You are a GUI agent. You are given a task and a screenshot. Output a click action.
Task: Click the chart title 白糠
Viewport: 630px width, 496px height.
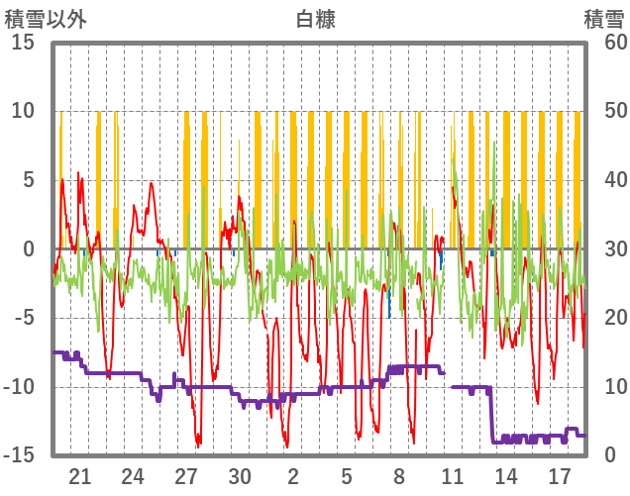point(315,19)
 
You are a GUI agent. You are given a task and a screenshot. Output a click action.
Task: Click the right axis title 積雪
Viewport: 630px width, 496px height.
point(602,19)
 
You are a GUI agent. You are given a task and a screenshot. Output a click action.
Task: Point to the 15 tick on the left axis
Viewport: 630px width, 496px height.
point(24,43)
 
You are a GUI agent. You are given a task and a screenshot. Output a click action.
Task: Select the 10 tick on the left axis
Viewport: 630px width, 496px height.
point(24,111)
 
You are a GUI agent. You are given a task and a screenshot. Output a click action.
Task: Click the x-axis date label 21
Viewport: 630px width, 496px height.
point(80,474)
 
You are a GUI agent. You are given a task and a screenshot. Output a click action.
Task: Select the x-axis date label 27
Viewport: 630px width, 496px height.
point(186,474)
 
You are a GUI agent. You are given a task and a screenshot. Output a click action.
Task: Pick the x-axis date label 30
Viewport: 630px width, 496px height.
point(240,474)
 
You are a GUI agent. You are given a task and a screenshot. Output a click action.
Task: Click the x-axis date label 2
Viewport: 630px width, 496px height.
point(293,474)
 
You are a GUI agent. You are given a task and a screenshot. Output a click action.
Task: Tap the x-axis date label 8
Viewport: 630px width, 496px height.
point(399,474)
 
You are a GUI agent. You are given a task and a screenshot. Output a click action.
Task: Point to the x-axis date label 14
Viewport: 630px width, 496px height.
point(506,474)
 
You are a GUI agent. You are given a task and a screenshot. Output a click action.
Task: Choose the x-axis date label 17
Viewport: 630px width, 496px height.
point(560,474)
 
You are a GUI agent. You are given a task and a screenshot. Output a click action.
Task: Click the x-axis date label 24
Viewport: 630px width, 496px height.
point(134,474)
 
